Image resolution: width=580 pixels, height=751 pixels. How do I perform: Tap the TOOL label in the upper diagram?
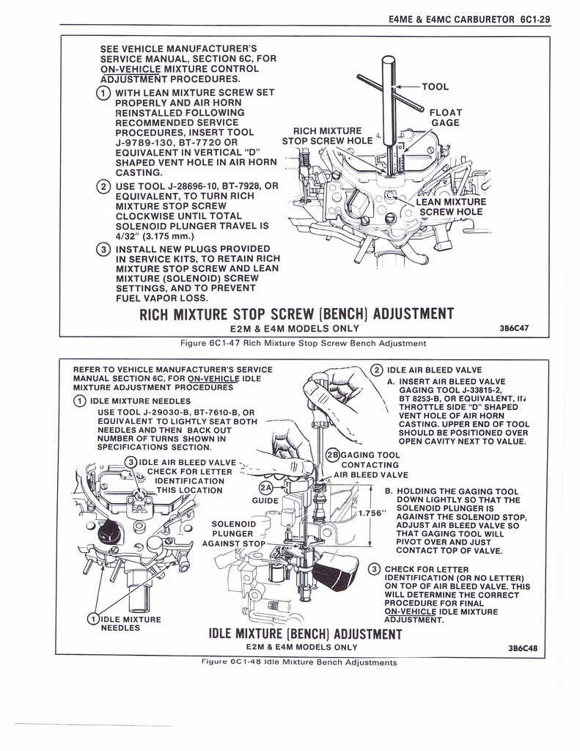point(436,87)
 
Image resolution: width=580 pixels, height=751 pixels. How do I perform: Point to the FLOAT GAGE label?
point(445,117)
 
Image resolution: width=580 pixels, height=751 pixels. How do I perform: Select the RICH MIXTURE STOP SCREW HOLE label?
point(327,136)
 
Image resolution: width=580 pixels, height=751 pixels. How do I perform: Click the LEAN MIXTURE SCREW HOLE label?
point(450,207)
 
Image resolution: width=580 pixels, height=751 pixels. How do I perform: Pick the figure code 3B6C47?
point(515,329)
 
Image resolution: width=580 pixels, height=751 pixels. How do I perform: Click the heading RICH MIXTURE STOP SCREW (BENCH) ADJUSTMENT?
point(296,315)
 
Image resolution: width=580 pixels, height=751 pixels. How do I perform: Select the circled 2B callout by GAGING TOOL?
point(331,455)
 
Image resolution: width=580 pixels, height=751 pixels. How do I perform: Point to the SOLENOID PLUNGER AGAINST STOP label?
point(233,534)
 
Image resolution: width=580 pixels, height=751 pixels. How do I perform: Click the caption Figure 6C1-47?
point(303,343)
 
